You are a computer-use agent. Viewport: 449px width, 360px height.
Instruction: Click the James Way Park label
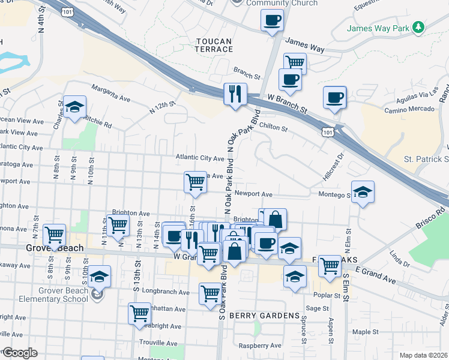[377, 28]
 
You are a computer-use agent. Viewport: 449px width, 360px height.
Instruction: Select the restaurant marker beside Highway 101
[234, 94]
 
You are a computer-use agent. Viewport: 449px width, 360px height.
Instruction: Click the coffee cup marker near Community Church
[271, 20]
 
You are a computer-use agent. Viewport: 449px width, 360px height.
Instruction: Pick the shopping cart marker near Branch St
[295, 62]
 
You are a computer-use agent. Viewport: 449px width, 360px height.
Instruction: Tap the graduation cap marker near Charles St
[74, 107]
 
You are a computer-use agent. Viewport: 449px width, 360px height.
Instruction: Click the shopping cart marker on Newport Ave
[195, 181]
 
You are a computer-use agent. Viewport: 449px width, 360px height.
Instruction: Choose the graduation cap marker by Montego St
[362, 192]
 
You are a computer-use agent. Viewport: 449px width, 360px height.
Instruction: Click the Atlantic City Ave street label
[200, 158]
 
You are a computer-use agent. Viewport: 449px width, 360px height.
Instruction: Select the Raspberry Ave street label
[260, 346]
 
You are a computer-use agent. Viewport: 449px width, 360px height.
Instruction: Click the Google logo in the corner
[20, 353]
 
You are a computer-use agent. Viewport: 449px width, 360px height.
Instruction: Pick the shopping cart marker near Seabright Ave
[139, 313]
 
